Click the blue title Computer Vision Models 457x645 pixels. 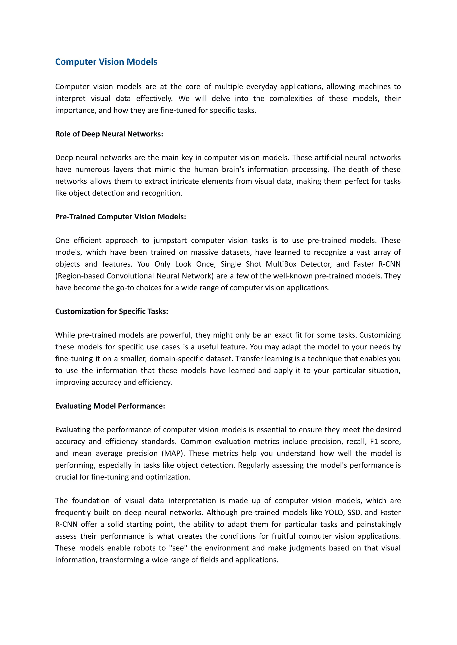(106, 62)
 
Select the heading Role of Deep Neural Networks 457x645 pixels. (109, 134)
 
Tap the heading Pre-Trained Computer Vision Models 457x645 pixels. (120, 217)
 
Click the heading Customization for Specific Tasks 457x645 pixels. (111, 311)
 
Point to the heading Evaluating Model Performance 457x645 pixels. (110, 406)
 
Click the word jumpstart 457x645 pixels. (170, 240)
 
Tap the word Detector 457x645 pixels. (316, 264)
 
